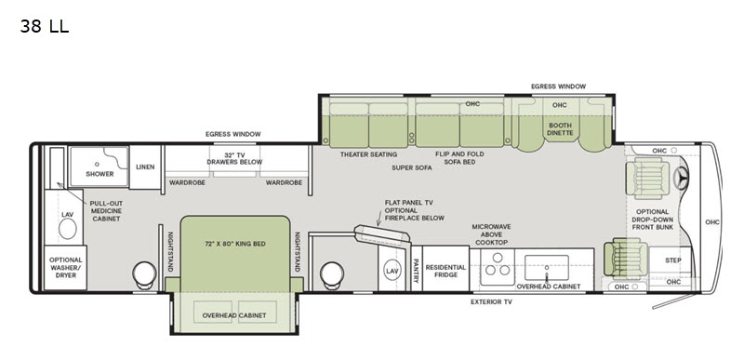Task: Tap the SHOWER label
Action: [x=100, y=173]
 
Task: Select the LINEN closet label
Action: [x=144, y=167]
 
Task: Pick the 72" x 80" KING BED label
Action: [x=235, y=243]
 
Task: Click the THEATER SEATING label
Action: [x=368, y=154]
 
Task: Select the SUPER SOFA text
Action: [x=412, y=168]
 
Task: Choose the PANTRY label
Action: [x=416, y=268]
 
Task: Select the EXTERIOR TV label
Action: [x=491, y=302]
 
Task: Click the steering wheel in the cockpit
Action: [x=686, y=179]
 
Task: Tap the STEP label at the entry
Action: [x=673, y=260]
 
